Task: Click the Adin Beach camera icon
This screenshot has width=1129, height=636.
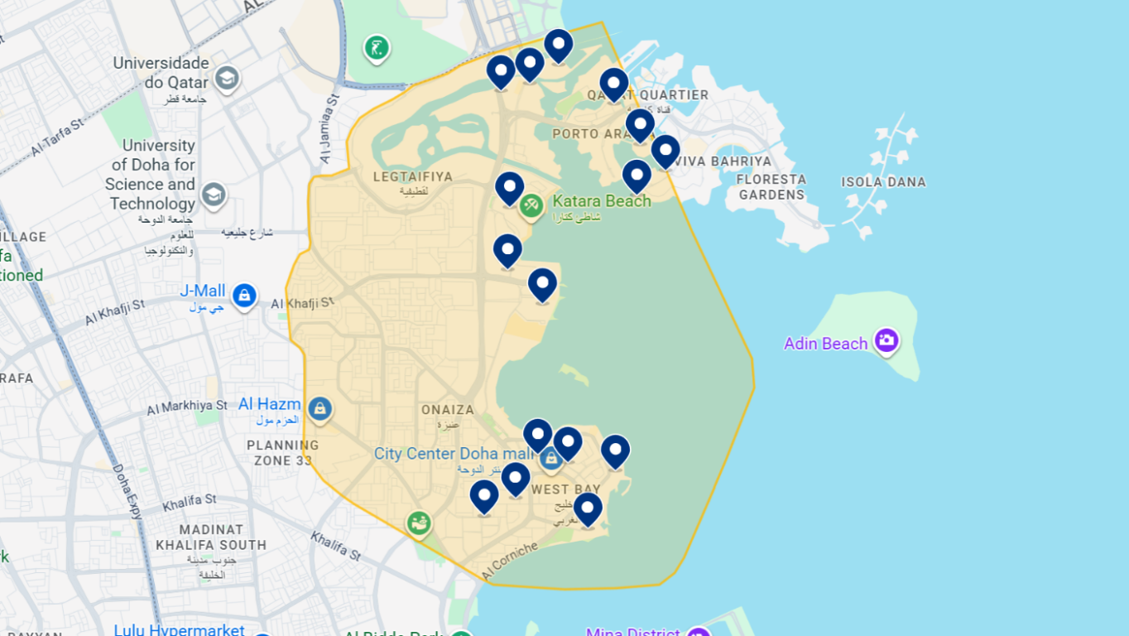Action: pyautogui.click(x=886, y=340)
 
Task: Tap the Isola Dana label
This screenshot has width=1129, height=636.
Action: pyautogui.click(x=883, y=182)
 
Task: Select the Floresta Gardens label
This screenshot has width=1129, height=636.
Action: pyautogui.click(x=771, y=187)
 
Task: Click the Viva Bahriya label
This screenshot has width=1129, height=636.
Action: pyautogui.click(x=729, y=161)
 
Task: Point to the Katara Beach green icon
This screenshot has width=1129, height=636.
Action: pyautogui.click(x=531, y=205)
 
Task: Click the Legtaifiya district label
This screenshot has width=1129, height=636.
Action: pyautogui.click(x=413, y=176)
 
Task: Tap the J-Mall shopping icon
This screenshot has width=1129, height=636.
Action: pyautogui.click(x=243, y=295)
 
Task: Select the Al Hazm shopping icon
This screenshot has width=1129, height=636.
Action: pyautogui.click(x=319, y=408)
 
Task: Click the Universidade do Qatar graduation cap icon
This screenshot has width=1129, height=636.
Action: pyautogui.click(x=226, y=79)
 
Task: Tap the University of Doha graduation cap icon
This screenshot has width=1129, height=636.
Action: pyautogui.click(x=214, y=195)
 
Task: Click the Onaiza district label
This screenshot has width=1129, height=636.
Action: pyautogui.click(x=448, y=410)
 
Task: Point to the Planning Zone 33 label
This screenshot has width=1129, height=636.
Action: pyautogui.click(x=283, y=452)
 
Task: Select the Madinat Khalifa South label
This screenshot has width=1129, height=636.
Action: pyautogui.click(x=211, y=537)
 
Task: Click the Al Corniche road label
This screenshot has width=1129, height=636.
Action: pyautogui.click(x=509, y=560)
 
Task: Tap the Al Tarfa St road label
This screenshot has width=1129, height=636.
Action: pyautogui.click(x=58, y=138)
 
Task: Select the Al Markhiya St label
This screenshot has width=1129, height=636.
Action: pyautogui.click(x=187, y=407)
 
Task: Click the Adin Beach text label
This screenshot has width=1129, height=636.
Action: pyautogui.click(x=825, y=344)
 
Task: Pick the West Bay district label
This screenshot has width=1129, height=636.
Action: pyautogui.click(x=566, y=489)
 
